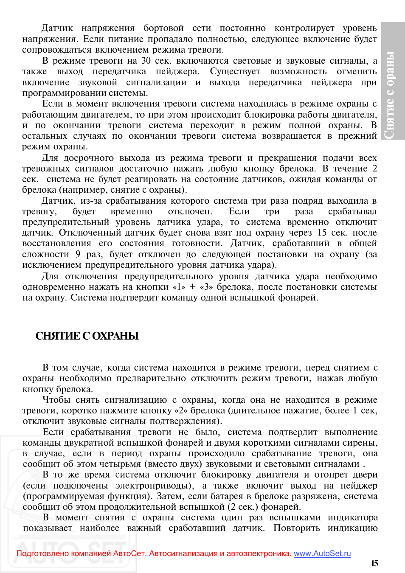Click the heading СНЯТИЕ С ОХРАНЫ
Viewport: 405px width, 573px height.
(87, 336)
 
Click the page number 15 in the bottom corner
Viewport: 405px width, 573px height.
(374, 564)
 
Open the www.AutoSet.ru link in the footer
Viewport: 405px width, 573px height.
(322, 553)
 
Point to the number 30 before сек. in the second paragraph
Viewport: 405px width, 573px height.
(146, 61)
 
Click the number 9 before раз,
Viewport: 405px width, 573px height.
(78, 254)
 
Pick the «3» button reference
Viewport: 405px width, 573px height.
(206, 287)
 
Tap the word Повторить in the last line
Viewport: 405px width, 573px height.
(296, 528)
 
